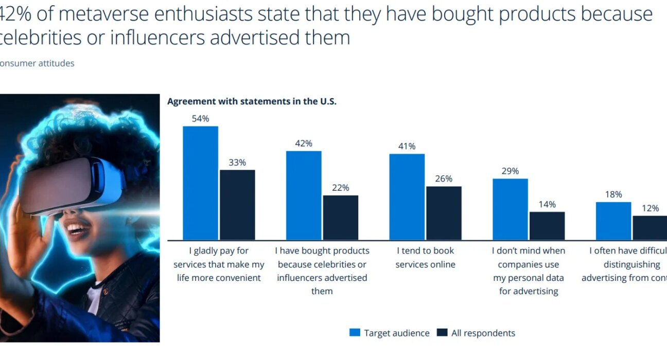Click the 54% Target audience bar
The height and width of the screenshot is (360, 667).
click(x=200, y=183)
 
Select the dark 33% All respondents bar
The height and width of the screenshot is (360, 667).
click(x=237, y=205)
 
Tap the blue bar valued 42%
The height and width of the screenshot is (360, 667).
click(x=304, y=195)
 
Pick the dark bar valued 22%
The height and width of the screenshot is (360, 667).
click(x=340, y=218)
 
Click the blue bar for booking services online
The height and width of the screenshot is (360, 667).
click(x=407, y=196)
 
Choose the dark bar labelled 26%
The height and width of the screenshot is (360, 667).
click(x=444, y=213)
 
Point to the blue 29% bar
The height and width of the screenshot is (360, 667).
click(x=510, y=209)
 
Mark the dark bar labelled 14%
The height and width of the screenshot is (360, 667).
click(x=547, y=226)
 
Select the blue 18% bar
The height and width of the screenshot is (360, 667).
click(x=613, y=221)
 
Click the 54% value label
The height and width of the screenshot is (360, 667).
click(x=200, y=119)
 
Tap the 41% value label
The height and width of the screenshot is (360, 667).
click(x=407, y=147)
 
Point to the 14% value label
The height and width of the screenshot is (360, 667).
click(x=547, y=204)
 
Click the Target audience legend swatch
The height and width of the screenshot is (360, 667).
click(x=355, y=333)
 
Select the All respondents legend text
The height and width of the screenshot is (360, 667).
click(x=483, y=333)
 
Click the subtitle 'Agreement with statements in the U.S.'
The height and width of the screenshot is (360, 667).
click(x=252, y=101)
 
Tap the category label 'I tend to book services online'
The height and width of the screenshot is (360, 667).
click(x=426, y=258)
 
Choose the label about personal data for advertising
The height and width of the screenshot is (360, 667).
click(x=529, y=271)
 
